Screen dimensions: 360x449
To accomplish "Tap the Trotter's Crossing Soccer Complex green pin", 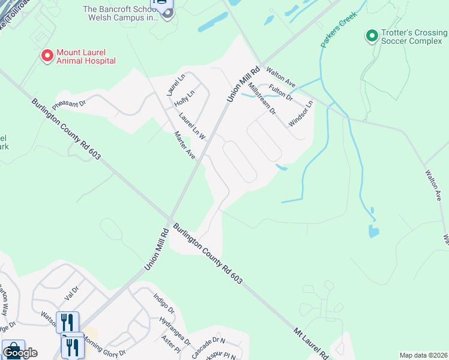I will tap(372, 37).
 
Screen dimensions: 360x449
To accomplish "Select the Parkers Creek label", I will tap(339, 29).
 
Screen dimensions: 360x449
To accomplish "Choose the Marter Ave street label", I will tap(184, 145).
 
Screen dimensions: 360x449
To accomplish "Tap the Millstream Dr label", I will tap(261, 99).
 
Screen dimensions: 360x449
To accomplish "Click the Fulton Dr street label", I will tap(280, 92).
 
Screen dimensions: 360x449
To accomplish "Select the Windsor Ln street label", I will tap(301, 113).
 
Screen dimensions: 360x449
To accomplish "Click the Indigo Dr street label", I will tap(163, 304).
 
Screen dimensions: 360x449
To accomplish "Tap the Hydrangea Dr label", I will tap(174, 325).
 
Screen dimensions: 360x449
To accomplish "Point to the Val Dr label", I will tap(71, 294).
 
